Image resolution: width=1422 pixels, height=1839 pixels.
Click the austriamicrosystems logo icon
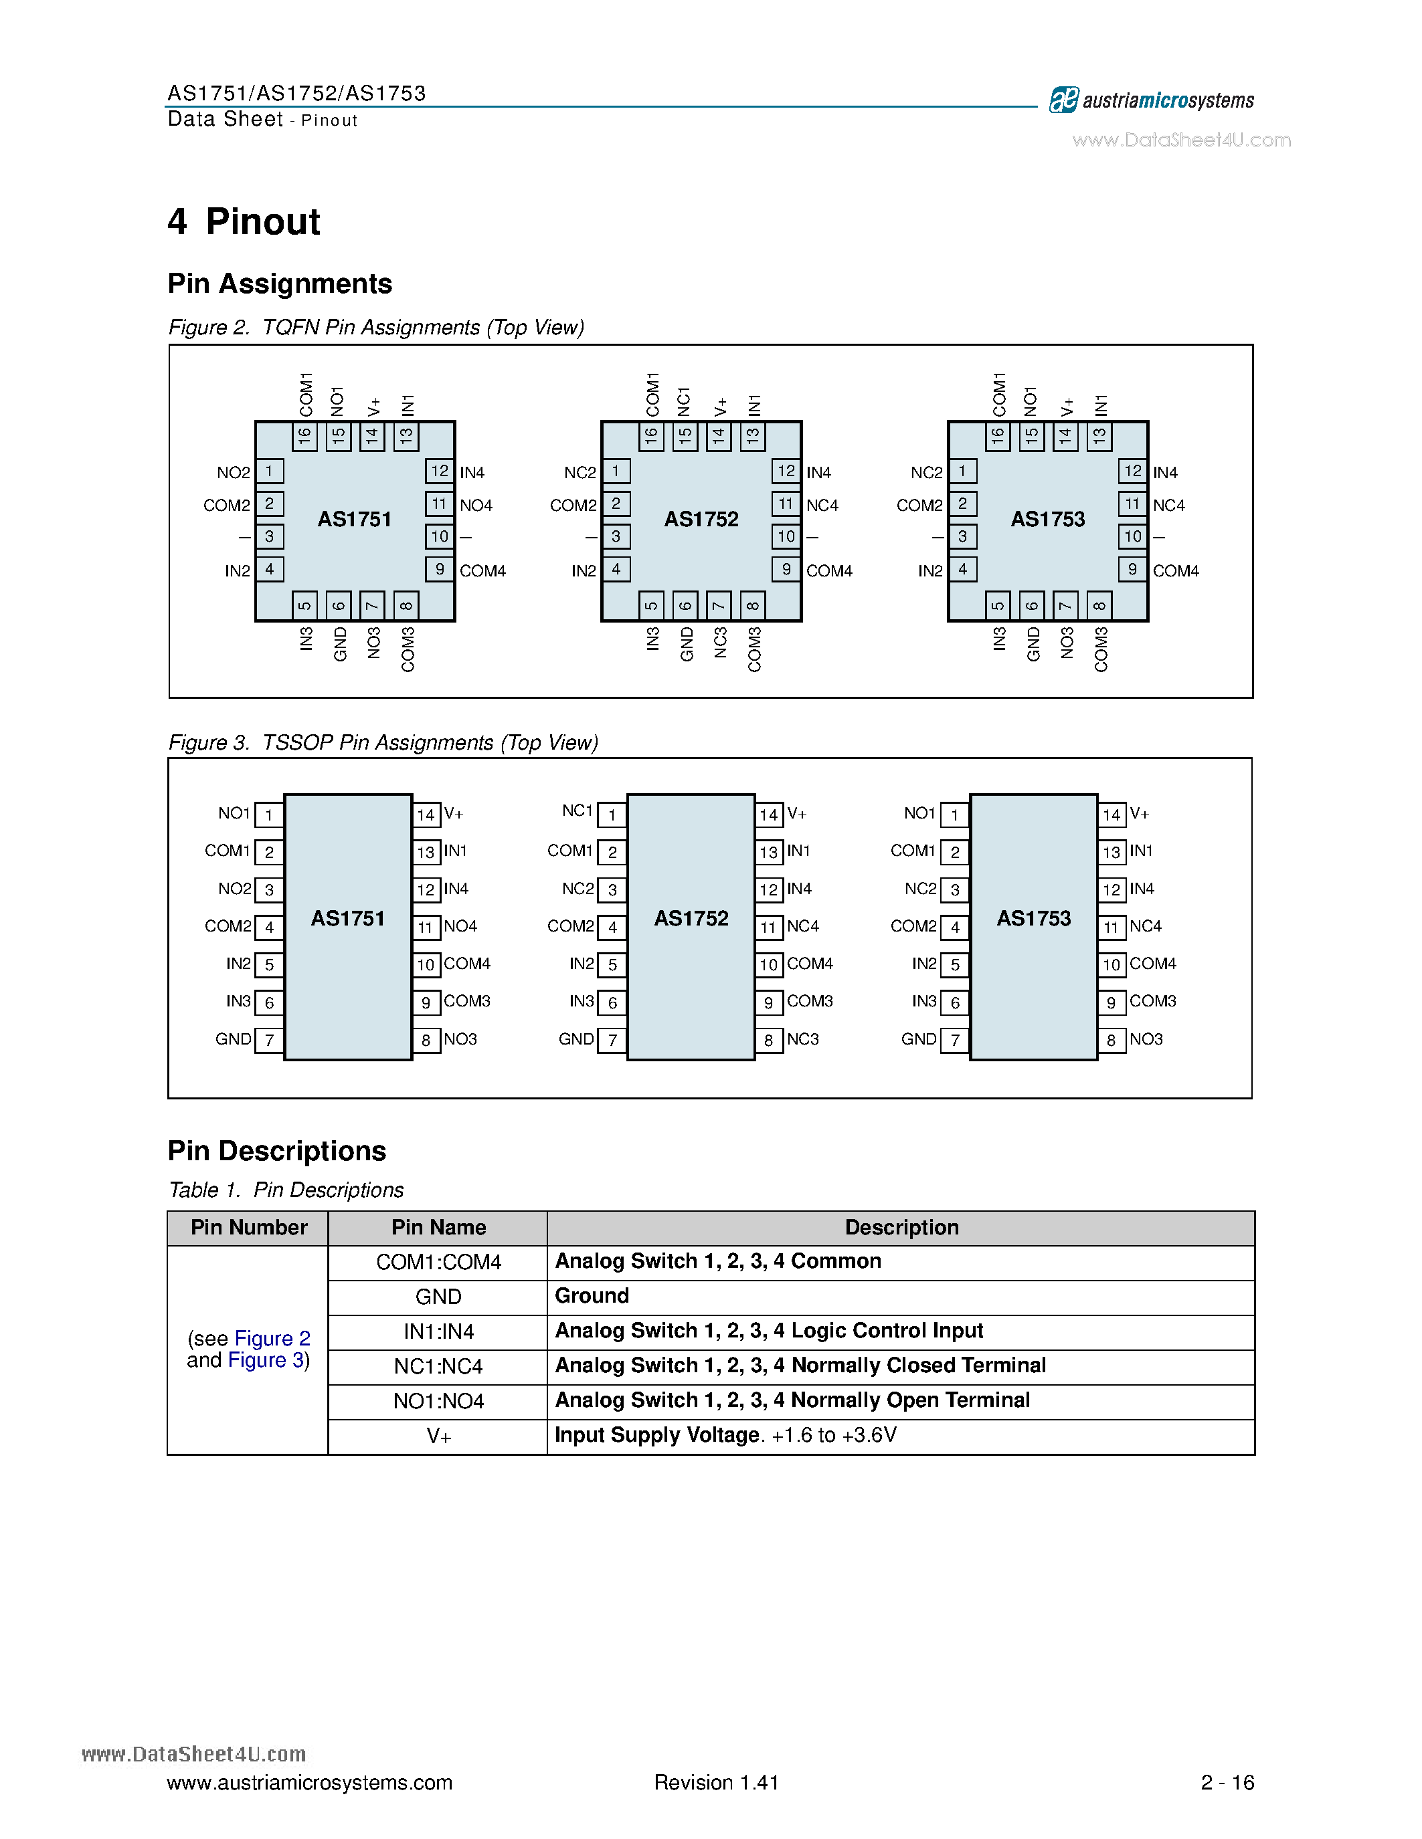(1063, 100)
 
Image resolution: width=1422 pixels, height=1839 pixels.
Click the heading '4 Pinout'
(244, 222)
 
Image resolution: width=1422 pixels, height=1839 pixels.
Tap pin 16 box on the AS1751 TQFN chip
(305, 435)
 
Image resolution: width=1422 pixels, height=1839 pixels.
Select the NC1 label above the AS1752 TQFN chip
(684, 402)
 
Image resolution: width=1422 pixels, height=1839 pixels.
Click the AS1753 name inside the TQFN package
(1047, 519)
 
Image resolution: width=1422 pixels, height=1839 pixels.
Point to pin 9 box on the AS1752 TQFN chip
(786, 569)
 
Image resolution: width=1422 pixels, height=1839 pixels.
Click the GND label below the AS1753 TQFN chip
(1033, 644)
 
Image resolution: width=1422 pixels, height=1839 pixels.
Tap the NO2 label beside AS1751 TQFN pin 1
(234, 472)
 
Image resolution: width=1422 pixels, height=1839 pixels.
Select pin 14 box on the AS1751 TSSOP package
(426, 815)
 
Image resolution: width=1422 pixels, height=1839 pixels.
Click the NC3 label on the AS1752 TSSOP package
(803, 1039)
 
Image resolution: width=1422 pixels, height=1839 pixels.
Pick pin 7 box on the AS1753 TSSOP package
(954, 1040)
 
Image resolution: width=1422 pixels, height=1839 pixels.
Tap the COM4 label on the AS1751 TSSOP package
(466, 963)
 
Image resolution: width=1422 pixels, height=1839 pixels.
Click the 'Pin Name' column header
(438, 1228)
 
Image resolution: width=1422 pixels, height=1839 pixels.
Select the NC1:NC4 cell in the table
(438, 1366)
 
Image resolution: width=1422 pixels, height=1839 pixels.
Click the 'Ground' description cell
(592, 1296)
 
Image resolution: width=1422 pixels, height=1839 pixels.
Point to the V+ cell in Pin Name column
(438, 1436)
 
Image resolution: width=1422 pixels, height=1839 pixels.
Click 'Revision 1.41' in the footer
(716, 1783)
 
